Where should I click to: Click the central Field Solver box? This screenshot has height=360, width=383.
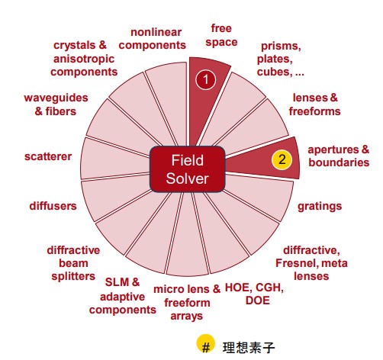pyautogui.click(x=188, y=169)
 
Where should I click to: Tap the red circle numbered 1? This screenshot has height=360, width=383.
pyautogui.click(x=206, y=80)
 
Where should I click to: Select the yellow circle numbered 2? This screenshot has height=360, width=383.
pyautogui.click(x=282, y=159)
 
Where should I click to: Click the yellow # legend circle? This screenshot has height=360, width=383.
pyautogui.click(x=205, y=344)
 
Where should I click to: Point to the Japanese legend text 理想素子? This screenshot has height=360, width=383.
pyautogui.click(x=249, y=347)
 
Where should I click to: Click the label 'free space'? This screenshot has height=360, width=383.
pyautogui.click(x=221, y=35)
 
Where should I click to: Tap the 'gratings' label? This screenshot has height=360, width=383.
pyautogui.click(x=320, y=207)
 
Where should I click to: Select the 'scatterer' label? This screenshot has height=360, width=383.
pyautogui.click(x=48, y=156)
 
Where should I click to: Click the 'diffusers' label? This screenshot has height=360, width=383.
pyautogui.click(x=53, y=206)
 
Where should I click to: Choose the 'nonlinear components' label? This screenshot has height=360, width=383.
pyautogui.click(x=153, y=39)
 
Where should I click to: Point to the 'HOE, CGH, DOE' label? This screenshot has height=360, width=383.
pyautogui.click(x=254, y=294)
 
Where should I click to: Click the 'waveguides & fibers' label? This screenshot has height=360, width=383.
pyautogui.click(x=56, y=104)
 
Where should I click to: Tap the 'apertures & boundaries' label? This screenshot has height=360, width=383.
pyautogui.click(x=339, y=156)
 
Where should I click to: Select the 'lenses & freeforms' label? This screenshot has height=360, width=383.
pyautogui.click(x=315, y=104)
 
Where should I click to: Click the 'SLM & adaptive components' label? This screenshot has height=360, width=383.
pyautogui.click(x=123, y=296)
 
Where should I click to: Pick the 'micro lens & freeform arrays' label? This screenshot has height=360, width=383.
pyautogui.click(x=187, y=303)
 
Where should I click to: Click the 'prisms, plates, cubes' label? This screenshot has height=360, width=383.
pyautogui.click(x=280, y=59)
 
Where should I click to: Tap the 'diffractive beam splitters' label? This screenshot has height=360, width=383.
pyautogui.click(x=73, y=263)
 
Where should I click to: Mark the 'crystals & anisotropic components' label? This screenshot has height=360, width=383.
pyautogui.click(x=84, y=59)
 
